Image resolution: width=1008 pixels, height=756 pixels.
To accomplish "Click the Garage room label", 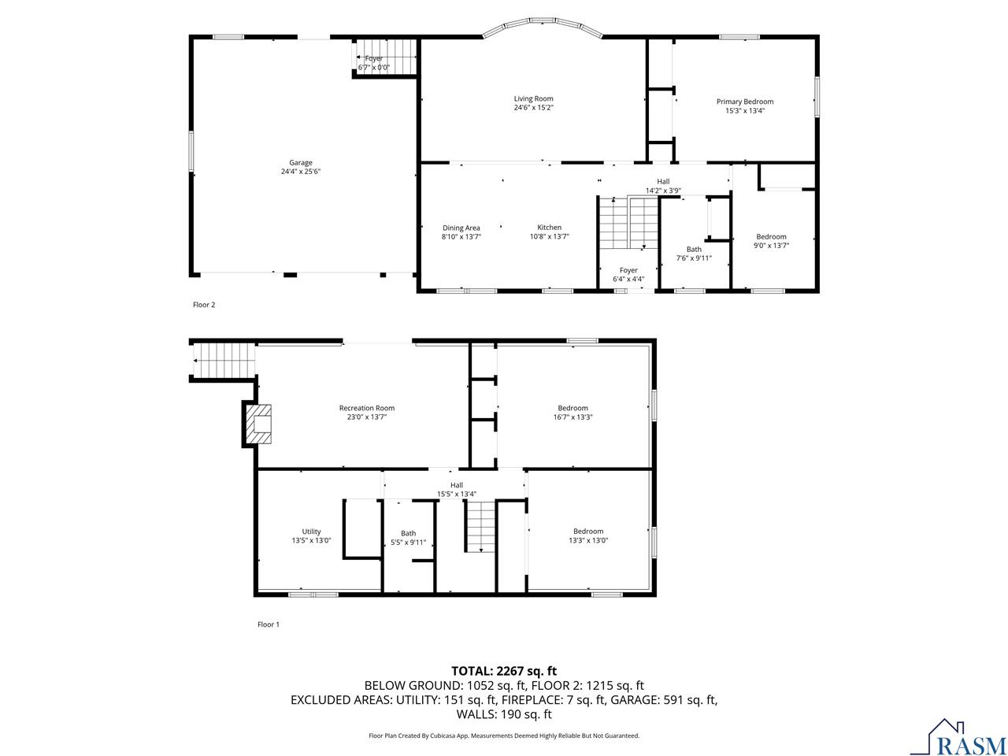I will (300, 163).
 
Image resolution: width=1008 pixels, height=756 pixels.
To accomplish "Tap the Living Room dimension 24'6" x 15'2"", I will (533, 108).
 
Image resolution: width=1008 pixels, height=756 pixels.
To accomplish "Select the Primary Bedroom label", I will (744, 102).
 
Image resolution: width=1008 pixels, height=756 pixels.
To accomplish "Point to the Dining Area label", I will (461, 228).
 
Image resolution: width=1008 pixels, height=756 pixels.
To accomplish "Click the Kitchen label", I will (549, 228).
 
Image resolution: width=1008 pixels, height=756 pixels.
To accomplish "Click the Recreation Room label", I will (366, 408).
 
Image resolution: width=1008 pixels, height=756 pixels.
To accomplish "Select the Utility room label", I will (311, 532).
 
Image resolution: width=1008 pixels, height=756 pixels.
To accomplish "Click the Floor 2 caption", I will (204, 305).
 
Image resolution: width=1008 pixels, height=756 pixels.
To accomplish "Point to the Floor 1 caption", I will (269, 624).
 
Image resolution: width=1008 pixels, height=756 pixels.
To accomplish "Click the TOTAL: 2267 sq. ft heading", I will (503, 671).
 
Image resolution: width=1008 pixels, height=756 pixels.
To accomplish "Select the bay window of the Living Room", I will (543, 28).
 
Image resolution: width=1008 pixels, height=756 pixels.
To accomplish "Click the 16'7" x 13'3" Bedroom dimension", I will (573, 417).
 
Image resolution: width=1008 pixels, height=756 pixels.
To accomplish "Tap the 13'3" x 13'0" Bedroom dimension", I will (588, 541).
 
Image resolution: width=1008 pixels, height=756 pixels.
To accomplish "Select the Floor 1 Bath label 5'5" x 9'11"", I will (408, 543).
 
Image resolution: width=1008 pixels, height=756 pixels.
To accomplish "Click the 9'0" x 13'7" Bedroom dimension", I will (771, 246).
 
